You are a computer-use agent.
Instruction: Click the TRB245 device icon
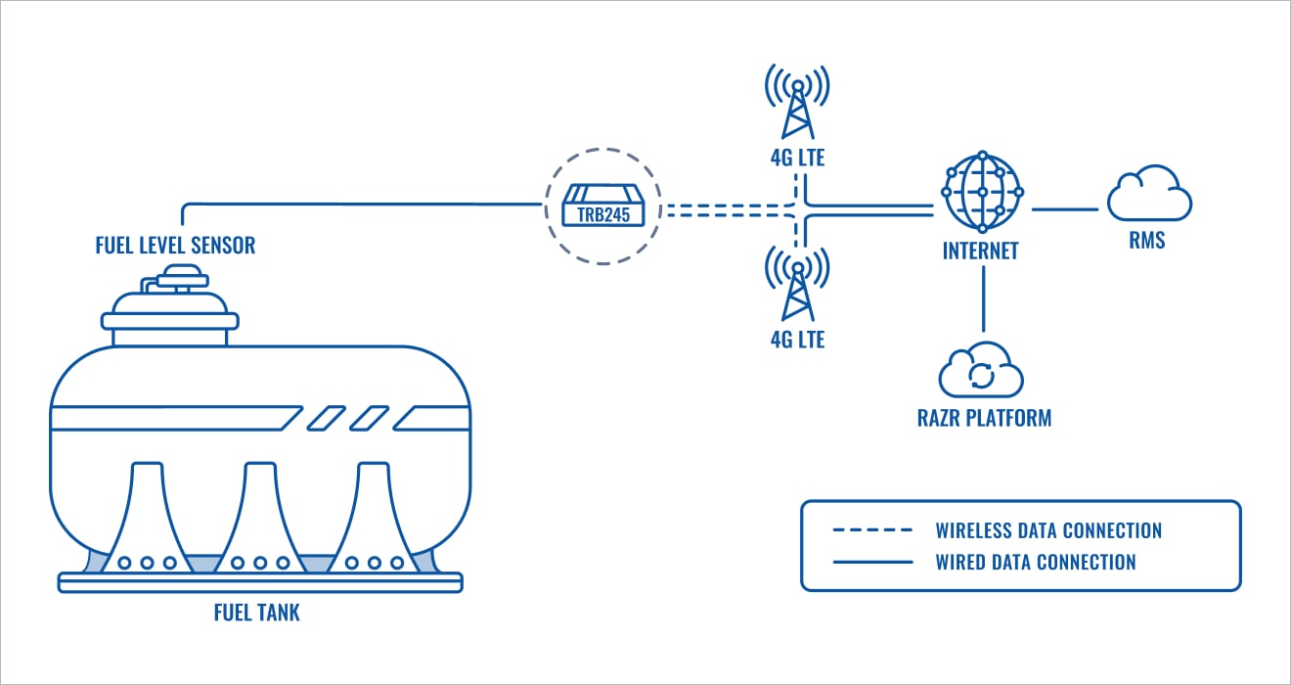click(601, 207)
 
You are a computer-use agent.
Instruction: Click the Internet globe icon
click(982, 192)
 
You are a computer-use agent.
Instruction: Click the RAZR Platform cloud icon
click(981, 371)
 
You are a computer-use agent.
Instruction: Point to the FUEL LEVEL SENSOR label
click(175, 245)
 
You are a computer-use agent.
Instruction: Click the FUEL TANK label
click(257, 614)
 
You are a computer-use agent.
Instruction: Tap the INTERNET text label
click(980, 251)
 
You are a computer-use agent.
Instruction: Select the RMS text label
click(1147, 241)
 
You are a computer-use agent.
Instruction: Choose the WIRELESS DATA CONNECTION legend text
click(1048, 531)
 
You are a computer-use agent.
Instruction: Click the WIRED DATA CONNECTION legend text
click(1036, 562)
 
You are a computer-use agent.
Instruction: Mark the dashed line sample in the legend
click(872, 531)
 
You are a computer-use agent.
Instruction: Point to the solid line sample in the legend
click(872, 563)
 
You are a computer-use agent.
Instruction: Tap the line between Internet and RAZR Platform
click(982, 298)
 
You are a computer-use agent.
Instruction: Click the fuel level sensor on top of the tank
click(172, 298)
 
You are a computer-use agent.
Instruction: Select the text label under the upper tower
click(797, 157)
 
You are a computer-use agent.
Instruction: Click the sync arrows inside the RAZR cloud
click(981, 375)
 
